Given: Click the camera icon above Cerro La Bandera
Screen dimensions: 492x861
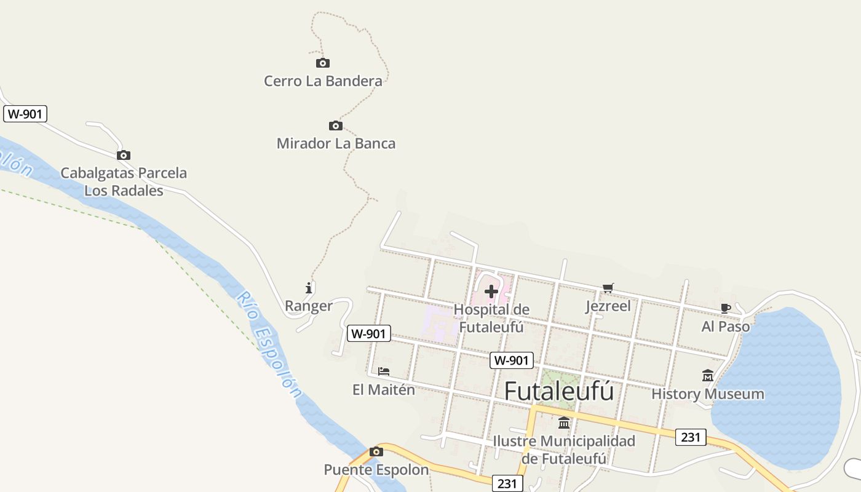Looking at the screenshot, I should [x=323, y=63].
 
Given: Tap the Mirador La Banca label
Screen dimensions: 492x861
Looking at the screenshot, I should [x=336, y=143].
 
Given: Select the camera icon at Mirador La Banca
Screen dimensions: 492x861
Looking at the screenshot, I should [x=335, y=125].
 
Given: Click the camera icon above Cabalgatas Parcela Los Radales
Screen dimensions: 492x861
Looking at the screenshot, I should [x=124, y=155].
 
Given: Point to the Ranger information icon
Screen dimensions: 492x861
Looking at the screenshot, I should [x=309, y=287].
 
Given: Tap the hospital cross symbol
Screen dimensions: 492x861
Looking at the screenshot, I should [x=491, y=291].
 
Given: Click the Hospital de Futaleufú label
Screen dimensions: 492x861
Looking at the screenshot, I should [x=491, y=318].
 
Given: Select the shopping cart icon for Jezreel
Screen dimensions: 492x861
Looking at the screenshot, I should [x=608, y=288].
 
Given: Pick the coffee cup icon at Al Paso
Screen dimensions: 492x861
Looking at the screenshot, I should [x=726, y=308].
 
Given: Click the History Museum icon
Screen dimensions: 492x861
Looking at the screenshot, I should [x=708, y=375].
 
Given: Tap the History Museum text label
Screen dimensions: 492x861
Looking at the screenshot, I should [x=708, y=394].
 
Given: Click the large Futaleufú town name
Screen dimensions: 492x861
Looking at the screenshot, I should [x=559, y=391].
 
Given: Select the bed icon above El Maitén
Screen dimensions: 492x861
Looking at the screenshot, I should [x=384, y=371].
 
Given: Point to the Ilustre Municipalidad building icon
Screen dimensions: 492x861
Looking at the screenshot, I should [x=564, y=423].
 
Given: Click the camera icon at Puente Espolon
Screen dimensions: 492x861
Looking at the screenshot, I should [x=376, y=452].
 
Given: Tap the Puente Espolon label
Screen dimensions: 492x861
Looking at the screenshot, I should [x=376, y=470].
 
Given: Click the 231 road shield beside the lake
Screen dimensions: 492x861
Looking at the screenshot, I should [x=691, y=437].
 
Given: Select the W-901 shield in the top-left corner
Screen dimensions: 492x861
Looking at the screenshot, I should [x=25, y=114].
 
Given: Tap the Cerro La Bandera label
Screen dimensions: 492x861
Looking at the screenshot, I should [x=323, y=81].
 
